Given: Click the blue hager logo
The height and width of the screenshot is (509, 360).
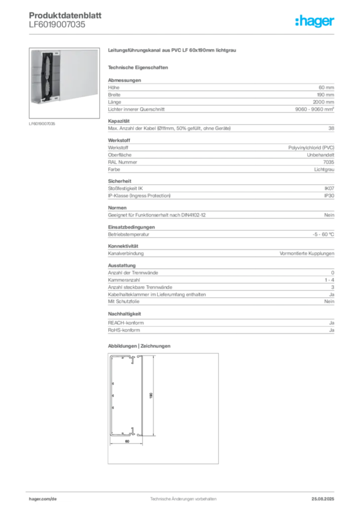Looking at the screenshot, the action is coord(315,22).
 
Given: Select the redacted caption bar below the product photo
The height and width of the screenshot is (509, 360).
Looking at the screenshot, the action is coord(42,123).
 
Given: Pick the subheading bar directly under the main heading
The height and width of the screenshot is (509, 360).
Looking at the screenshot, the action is coord(139,67).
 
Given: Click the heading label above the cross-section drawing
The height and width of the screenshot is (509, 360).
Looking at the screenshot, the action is coord(139,345).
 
